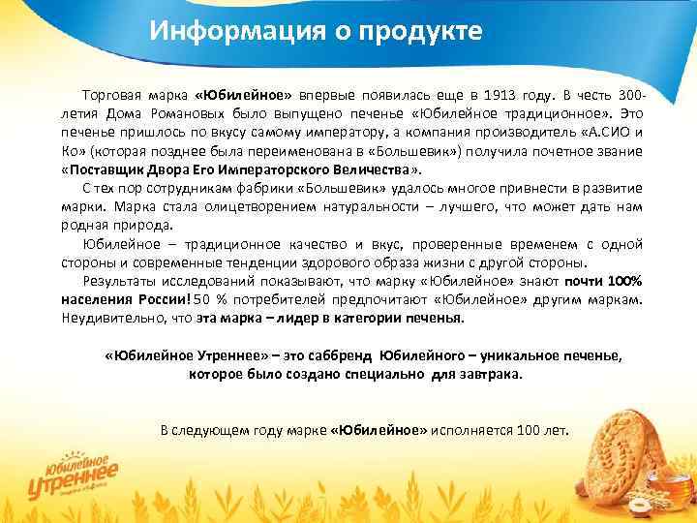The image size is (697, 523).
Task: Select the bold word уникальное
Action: click(x=500, y=355)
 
